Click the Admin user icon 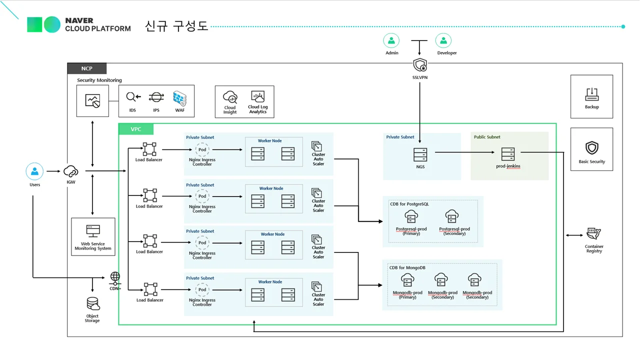(391, 41)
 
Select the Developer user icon (443, 41)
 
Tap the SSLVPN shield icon (420, 65)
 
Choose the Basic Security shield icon (591, 148)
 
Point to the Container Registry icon (593, 234)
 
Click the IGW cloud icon (70, 171)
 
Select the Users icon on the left (34, 171)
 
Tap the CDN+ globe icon (115, 276)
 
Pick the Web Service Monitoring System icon (93, 231)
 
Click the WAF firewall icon (179, 97)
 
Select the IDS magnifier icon (133, 97)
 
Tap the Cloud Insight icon (230, 96)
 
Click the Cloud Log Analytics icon (258, 96)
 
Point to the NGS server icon (420, 154)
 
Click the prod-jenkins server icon (508, 154)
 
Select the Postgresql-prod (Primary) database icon (411, 217)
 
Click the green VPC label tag (136, 129)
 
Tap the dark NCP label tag (87, 68)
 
